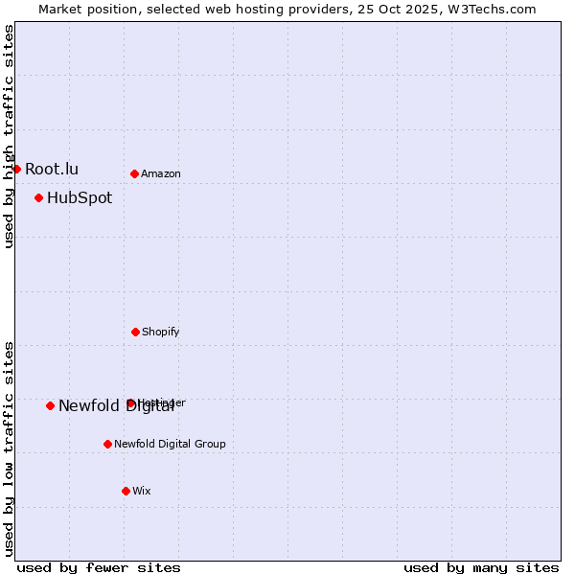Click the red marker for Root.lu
[x=16, y=169]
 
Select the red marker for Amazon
[x=134, y=173]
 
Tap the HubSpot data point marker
[x=38, y=197]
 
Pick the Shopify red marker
[x=135, y=332]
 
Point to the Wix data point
[x=126, y=491]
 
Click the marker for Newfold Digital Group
[x=107, y=444]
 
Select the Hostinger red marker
[x=130, y=402]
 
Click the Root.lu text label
[x=52, y=169]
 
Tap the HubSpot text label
[x=80, y=197]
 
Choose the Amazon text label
[x=161, y=173]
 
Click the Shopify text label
[x=161, y=332]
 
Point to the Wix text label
[x=142, y=491]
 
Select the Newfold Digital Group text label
[x=171, y=444]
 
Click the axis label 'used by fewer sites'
[x=99, y=567]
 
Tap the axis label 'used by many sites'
[x=481, y=567]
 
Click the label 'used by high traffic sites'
[x=9, y=136]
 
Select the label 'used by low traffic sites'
[x=9, y=448]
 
